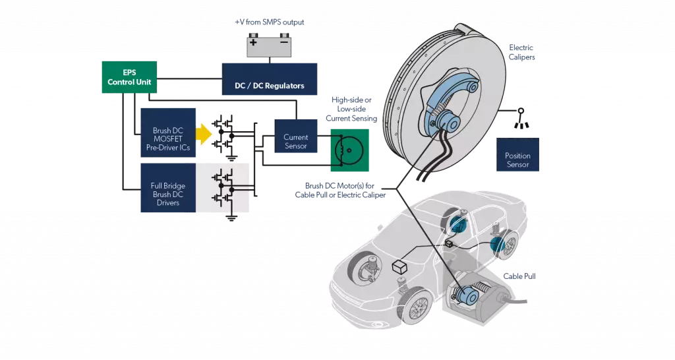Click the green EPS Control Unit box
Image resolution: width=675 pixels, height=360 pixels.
(x=129, y=77)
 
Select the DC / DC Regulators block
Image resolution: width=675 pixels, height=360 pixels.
(x=270, y=79)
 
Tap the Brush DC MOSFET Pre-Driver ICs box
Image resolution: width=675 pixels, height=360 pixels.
(x=168, y=133)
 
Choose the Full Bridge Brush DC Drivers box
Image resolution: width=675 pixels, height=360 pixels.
(x=168, y=188)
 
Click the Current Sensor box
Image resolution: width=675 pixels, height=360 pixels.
(x=296, y=136)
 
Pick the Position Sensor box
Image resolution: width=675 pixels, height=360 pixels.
(x=517, y=154)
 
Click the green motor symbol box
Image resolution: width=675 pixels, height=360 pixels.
(x=349, y=150)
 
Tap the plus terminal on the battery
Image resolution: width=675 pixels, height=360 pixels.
(x=254, y=42)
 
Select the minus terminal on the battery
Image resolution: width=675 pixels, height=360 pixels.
(x=284, y=42)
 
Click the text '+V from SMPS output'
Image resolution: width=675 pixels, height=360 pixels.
(x=270, y=22)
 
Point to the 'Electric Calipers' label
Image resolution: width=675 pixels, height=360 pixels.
(x=522, y=52)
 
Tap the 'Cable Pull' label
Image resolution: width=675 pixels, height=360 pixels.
(x=519, y=276)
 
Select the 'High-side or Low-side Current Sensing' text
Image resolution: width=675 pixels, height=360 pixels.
(x=351, y=109)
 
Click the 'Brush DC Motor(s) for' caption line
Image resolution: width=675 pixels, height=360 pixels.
(x=339, y=185)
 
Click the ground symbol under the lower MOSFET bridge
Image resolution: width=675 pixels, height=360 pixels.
(x=232, y=218)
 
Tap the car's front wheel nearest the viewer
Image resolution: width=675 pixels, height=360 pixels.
(x=415, y=307)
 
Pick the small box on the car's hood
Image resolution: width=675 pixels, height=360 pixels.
(x=400, y=268)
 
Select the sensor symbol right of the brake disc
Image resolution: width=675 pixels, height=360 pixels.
(x=521, y=119)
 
